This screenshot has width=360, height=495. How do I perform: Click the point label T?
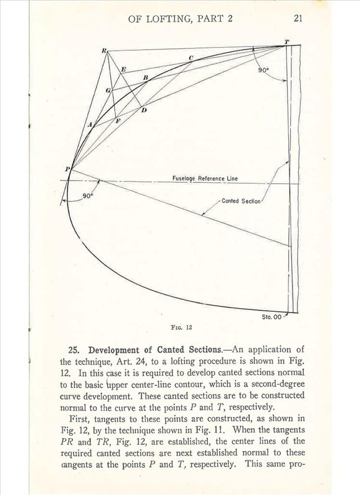click(286, 41)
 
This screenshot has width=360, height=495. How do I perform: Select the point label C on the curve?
click(191, 58)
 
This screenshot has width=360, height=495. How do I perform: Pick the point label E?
click(123, 70)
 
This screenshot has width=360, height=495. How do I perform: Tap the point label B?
click(146, 77)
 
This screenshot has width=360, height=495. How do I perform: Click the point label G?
click(108, 91)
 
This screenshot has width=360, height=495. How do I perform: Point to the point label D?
click(144, 110)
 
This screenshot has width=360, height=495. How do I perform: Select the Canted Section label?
click(241, 201)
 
